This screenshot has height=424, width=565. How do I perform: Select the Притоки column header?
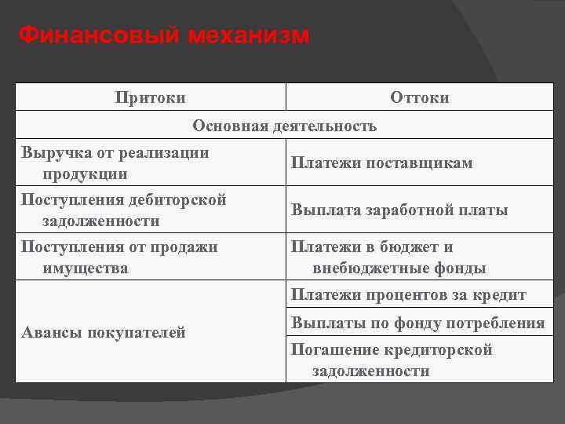pyautogui.click(x=151, y=97)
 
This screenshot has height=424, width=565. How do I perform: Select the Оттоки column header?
pyautogui.click(x=420, y=97)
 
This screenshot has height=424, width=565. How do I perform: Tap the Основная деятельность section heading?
pyautogui.click(x=285, y=126)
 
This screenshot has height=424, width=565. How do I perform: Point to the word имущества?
pyautogui.click(x=86, y=268)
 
